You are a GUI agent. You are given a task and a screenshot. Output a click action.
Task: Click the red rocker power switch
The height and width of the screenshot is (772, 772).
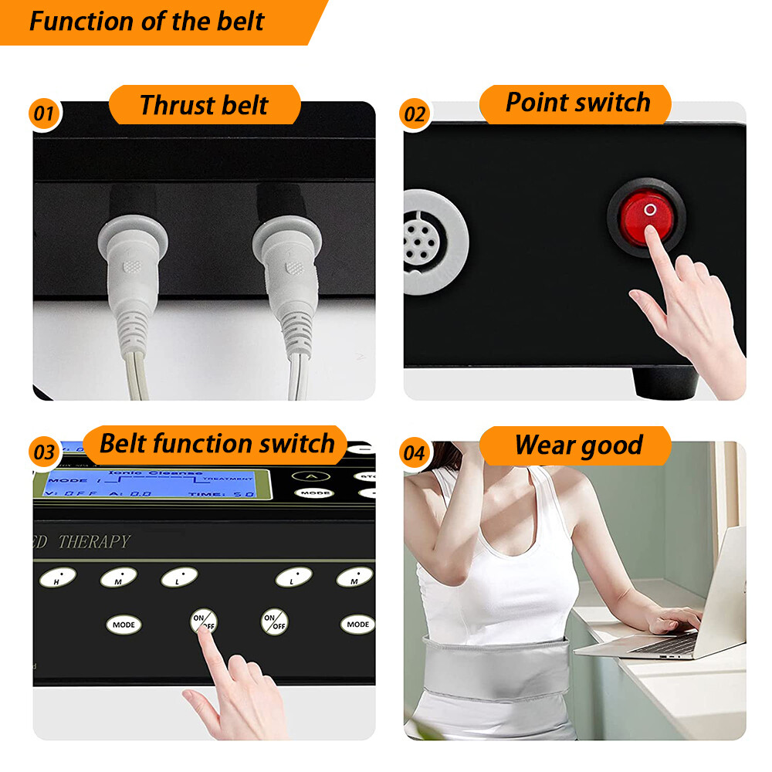pyautogui.click(x=646, y=214)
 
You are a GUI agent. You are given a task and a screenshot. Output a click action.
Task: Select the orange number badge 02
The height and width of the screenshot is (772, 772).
pyautogui.click(x=415, y=114)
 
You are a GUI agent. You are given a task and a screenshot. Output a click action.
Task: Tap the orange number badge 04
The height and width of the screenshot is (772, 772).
pyautogui.click(x=415, y=452)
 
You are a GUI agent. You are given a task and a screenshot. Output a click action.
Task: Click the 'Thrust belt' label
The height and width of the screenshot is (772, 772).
pyautogui.click(x=204, y=105)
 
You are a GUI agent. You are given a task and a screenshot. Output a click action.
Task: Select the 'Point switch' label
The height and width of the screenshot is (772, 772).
pyautogui.click(x=577, y=103)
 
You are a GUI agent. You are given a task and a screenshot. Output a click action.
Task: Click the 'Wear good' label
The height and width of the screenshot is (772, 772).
pyautogui.click(x=578, y=445)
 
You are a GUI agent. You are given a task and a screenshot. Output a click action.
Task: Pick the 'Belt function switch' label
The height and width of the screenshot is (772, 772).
pyautogui.click(x=217, y=444)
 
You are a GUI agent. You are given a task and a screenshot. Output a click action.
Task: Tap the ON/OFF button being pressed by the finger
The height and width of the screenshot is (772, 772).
pyautogui.click(x=204, y=620)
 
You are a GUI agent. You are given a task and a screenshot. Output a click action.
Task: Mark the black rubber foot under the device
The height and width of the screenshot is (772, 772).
pyautogui.click(x=665, y=382)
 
